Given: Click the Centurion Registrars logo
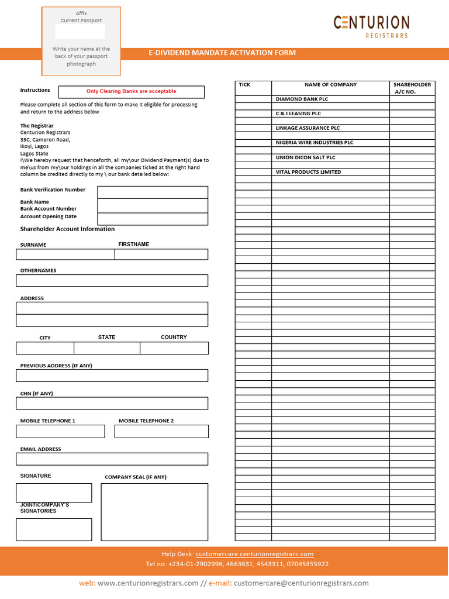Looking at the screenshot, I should point(371,26).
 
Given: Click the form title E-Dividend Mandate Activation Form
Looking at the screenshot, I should point(222,53).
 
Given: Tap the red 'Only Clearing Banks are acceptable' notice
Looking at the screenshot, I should point(131,92).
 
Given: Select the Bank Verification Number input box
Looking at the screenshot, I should point(153,192).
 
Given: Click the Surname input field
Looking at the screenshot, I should point(65,254).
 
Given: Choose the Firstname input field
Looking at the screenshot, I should point(161,254).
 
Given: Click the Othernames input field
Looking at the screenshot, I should point(112,281).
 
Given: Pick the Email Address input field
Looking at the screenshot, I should point(112,459).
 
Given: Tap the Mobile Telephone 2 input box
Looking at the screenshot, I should point(161,432).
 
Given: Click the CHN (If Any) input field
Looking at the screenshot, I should point(112,404).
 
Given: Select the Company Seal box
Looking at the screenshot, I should point(154,512).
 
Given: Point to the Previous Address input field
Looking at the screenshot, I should point(112,376).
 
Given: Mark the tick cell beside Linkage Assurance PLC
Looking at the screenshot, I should point(253,128).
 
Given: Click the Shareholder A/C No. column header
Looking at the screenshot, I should point(412,88).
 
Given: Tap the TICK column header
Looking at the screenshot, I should point(245,85).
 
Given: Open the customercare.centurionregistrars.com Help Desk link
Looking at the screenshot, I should point(254,554).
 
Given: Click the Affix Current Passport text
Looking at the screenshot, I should point(81,17).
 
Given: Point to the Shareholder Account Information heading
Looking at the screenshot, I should point(67,229).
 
